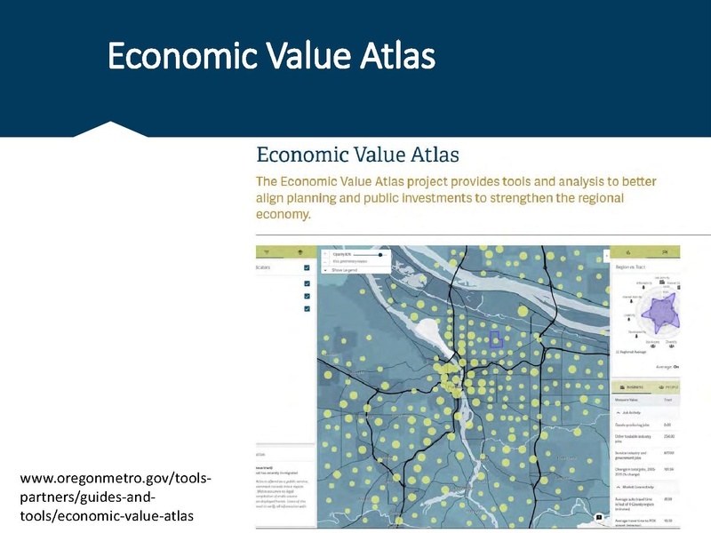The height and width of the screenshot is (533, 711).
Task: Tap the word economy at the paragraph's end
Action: click(284, 215)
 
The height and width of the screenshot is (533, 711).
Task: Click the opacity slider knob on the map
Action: click(380, 254)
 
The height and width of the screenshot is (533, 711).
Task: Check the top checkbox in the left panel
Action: click(307, 267)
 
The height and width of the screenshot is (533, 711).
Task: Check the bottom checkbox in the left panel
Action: click(307, 308)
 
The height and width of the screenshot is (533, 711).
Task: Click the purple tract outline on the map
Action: click(497, 338)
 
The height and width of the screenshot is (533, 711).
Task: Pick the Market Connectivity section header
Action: click(642, 487)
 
